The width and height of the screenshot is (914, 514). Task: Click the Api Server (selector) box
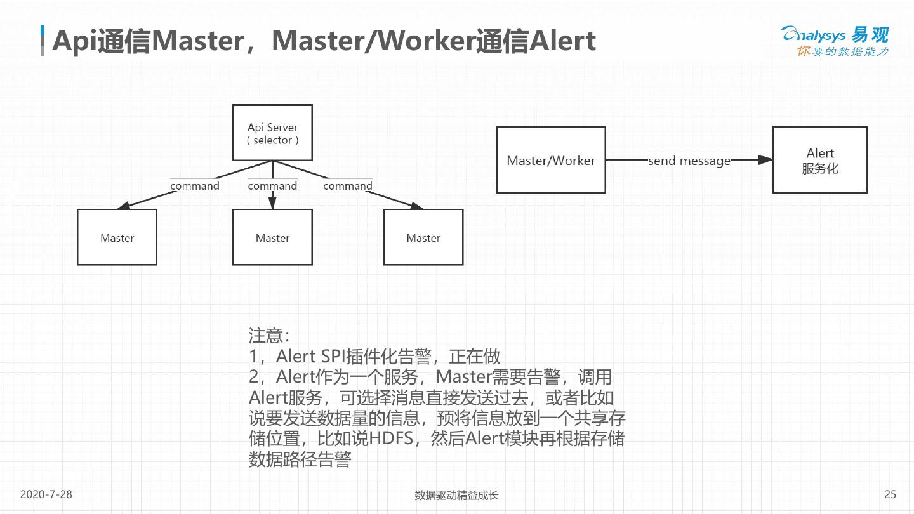[272, 133]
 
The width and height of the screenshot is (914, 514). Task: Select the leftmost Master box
[117, 237]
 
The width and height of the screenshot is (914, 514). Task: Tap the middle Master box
[272, 237]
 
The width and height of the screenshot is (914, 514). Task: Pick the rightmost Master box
[423, 237]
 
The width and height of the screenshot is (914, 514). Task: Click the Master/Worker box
[550, 160]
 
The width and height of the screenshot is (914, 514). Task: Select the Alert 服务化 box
[819, 160]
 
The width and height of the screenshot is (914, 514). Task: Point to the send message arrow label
[689, 161]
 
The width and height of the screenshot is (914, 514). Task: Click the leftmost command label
[195, 186]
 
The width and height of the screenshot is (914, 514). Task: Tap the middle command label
[272, 186]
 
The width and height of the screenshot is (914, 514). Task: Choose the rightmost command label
[348, 186]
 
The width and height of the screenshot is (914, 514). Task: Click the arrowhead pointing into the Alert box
[765, 160]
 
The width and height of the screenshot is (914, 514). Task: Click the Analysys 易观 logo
[834, 41]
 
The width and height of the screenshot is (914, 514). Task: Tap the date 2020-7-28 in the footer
[46, 494]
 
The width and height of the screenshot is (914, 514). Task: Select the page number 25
[890, 494]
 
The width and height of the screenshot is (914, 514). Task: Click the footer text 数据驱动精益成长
[456, 495]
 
